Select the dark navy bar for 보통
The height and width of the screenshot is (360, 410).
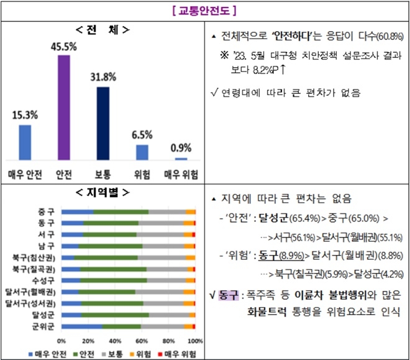[102, 124]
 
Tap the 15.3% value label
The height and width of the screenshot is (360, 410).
[24, 114]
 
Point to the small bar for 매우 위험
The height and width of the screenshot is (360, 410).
[181, 159]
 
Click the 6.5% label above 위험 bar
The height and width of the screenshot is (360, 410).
[142, 134]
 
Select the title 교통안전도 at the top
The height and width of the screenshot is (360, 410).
[205, 11]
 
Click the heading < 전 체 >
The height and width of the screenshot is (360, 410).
[102, 30]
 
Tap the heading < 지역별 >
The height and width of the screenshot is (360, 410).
[102, 192]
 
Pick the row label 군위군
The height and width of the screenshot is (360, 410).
[42, 325]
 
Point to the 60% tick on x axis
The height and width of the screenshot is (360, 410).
[142, 341]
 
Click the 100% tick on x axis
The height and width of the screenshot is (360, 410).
[194, 341]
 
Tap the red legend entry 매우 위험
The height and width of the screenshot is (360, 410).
[181, 353]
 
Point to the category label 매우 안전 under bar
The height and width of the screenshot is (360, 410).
[24, 175]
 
